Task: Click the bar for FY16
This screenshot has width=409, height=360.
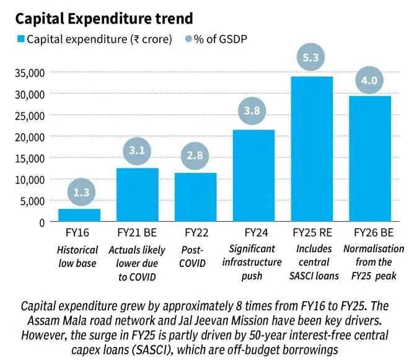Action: [x=79, y=215]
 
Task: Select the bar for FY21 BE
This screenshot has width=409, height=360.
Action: [x=137, y=195]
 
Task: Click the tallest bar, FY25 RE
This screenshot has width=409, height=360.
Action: [x=311, y=149]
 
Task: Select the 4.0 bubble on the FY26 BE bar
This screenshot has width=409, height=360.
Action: [x=369, y=81]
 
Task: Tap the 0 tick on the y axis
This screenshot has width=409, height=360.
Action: [x=43, y=222]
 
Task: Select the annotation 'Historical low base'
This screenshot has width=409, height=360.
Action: [x=79, y=257]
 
